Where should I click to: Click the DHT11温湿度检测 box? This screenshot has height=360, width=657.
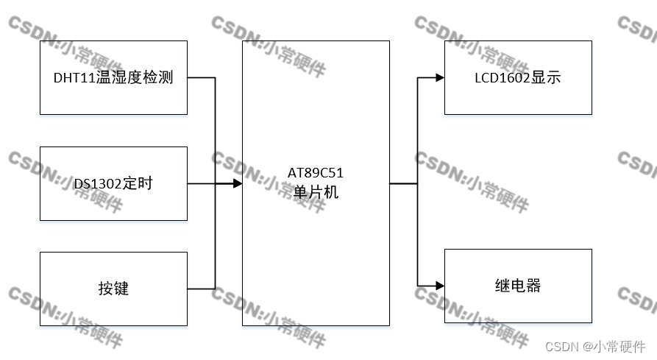113,77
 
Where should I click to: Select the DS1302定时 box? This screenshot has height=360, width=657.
113,183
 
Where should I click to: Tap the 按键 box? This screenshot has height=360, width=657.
113,289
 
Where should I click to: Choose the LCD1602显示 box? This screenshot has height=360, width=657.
518,77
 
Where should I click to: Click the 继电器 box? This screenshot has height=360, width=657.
518,286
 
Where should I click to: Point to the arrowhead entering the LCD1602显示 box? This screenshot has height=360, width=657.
439,77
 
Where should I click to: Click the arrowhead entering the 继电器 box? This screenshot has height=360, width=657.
439,285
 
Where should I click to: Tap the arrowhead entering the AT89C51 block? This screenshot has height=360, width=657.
237,183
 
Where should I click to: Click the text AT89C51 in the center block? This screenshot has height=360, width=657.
316,174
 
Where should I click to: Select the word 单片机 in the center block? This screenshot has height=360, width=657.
316,190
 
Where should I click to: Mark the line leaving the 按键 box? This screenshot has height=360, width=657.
200,289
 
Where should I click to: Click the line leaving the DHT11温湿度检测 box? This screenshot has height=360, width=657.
200,77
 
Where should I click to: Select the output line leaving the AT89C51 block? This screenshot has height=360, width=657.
402,183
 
